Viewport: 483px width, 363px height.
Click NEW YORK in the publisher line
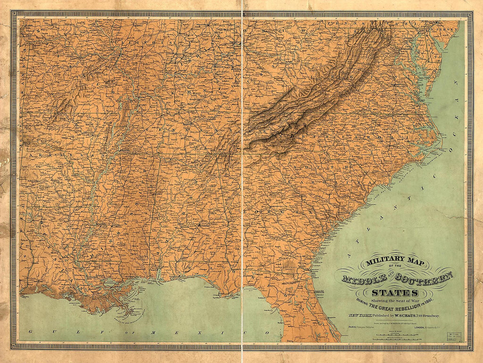coord(359,315)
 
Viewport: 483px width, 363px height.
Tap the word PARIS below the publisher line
coord(352,327)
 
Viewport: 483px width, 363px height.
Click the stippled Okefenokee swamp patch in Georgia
coord(289,265)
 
